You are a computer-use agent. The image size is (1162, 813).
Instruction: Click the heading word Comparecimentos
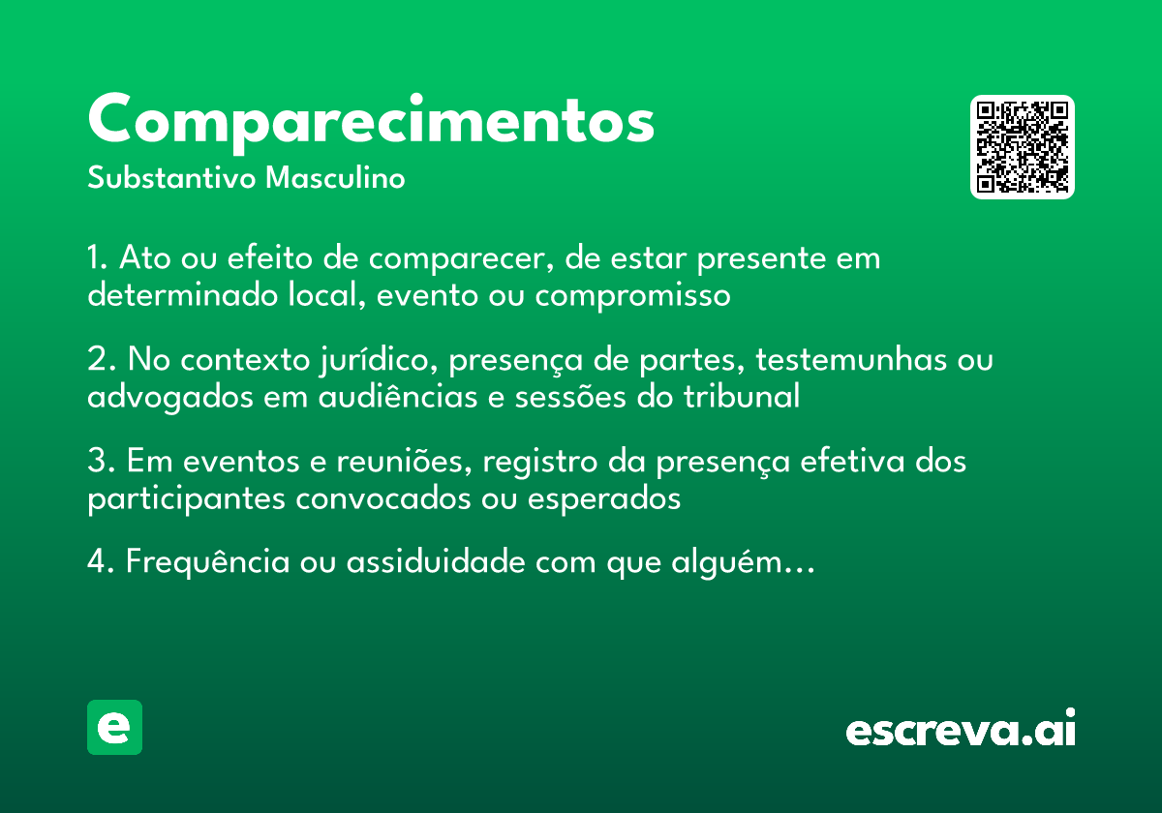point(371,121)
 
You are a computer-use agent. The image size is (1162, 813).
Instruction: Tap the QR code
point(1023,147)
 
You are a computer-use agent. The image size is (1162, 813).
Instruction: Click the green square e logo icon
point(114,727)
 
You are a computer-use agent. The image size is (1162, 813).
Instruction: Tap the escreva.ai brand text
point(961,730)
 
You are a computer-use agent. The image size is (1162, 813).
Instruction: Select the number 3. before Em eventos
point(101,463)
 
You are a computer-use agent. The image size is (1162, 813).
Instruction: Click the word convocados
point(382,499)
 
